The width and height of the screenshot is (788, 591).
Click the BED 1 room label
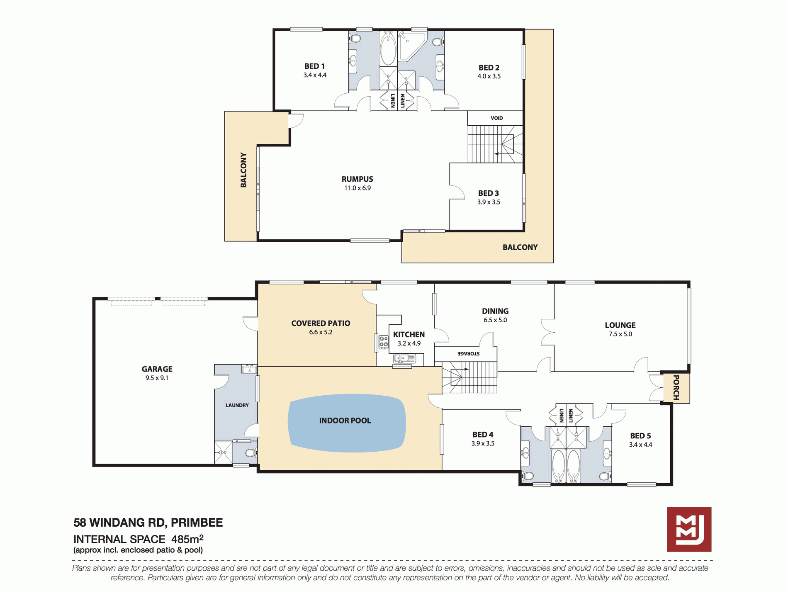(314, 66)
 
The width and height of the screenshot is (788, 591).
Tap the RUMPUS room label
(357, 179)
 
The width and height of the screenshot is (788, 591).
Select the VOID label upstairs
(496, 118)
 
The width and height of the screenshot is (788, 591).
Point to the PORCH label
(676, 388)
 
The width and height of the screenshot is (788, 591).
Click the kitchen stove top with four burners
(383, 342)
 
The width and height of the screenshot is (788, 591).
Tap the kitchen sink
(404, 358)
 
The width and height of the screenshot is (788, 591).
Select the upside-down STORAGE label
(468, 354)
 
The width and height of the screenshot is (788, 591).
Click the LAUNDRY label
(237, 405)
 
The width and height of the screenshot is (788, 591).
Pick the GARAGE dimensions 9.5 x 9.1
(157, 378)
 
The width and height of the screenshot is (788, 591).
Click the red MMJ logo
(689, 529)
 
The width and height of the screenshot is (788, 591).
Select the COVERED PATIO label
(321, 323)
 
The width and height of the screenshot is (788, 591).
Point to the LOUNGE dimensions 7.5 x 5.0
(620, 334)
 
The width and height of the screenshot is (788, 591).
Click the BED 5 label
(640, 436)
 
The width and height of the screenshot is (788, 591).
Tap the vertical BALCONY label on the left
(243, 170)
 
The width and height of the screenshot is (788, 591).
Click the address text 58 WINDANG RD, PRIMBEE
(148, 523)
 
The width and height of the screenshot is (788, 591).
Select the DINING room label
(495, 311)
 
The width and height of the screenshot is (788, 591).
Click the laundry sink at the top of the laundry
(249, 369)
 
